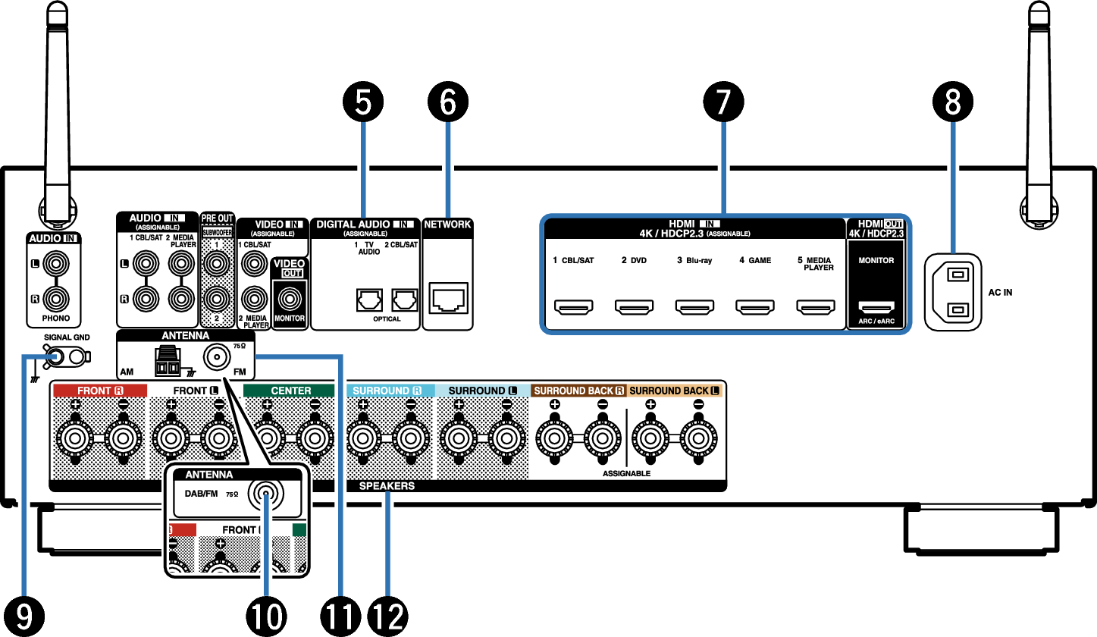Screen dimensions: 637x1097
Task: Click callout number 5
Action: coord(363,102)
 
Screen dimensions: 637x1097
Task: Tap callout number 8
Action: coord(952,102)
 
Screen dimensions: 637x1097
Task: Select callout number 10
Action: coord(266,615)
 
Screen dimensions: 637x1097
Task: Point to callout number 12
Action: coord(387,615)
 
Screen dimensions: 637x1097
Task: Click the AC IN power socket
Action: coord(952,291)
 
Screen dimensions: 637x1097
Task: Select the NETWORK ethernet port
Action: coord(448,298)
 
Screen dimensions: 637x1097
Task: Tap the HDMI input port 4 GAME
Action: coord(754,308)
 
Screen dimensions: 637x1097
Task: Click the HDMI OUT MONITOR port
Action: coord(876,307)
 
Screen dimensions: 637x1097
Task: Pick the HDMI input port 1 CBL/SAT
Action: coord(574,308)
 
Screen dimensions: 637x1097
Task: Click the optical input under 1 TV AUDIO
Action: coord(368,302)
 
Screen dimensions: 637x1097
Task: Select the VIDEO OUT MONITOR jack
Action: coord(290,297)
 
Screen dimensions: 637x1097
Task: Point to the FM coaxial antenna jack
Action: coord(219,356)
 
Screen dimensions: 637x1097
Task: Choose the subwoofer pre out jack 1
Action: coord(218,265)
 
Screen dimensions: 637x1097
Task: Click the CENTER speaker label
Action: coord(290,391)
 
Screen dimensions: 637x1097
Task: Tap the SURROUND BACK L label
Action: coord(674,391)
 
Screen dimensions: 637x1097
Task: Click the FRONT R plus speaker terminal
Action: coord(75,438)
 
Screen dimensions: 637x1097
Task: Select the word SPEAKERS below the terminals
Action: coord(387,486)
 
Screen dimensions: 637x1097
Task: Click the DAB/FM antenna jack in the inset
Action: coord(266,494)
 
